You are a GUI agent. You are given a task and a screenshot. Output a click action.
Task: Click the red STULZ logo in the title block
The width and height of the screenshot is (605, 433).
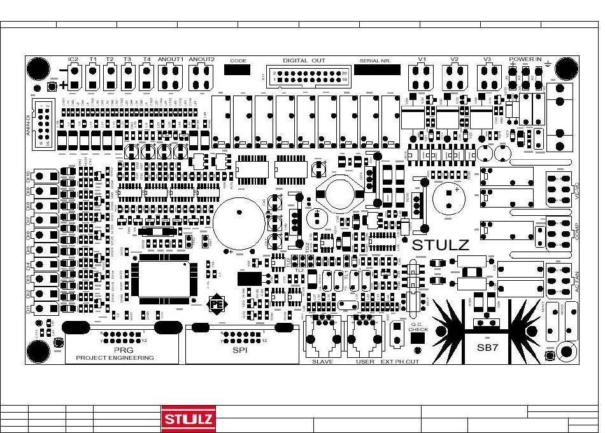[x=189, y=418]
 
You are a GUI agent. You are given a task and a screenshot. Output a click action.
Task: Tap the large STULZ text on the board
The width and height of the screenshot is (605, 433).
[x=441, y=245]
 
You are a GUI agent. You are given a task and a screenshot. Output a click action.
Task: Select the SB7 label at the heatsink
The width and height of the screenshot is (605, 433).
[x=491, y=348]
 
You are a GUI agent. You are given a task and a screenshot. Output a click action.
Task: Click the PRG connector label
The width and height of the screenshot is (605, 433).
[x=123, y=350]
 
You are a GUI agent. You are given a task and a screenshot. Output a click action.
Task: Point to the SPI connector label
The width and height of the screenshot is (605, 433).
[x=239, y=350]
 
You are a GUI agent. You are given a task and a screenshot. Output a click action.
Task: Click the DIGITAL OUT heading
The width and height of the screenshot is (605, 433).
[x=304, y=60]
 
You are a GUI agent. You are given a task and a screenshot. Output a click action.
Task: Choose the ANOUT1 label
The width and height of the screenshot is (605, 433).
[x=171, y=60]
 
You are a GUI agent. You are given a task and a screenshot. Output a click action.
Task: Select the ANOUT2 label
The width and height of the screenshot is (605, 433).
[x=202, y=60]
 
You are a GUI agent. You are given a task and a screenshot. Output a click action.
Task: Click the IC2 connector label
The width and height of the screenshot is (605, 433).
[x=73, y=60]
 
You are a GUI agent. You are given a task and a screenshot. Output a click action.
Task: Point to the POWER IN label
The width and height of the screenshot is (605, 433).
[x=525, y=59]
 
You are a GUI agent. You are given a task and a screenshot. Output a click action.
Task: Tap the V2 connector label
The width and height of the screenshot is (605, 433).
[x=454, y=60]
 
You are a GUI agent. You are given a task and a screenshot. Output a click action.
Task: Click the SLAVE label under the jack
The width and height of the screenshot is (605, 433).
[x=322, y=362]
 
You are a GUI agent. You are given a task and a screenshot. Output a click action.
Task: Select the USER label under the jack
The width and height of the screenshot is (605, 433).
[x=365, y=362]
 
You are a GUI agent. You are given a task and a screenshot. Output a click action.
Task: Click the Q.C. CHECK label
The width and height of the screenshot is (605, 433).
[x=418, y=327]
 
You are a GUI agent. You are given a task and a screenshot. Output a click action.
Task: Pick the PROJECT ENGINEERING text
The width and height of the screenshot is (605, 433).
[x=115, y=358]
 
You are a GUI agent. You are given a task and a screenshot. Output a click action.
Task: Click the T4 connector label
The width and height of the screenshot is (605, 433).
[x=147, y=60]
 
